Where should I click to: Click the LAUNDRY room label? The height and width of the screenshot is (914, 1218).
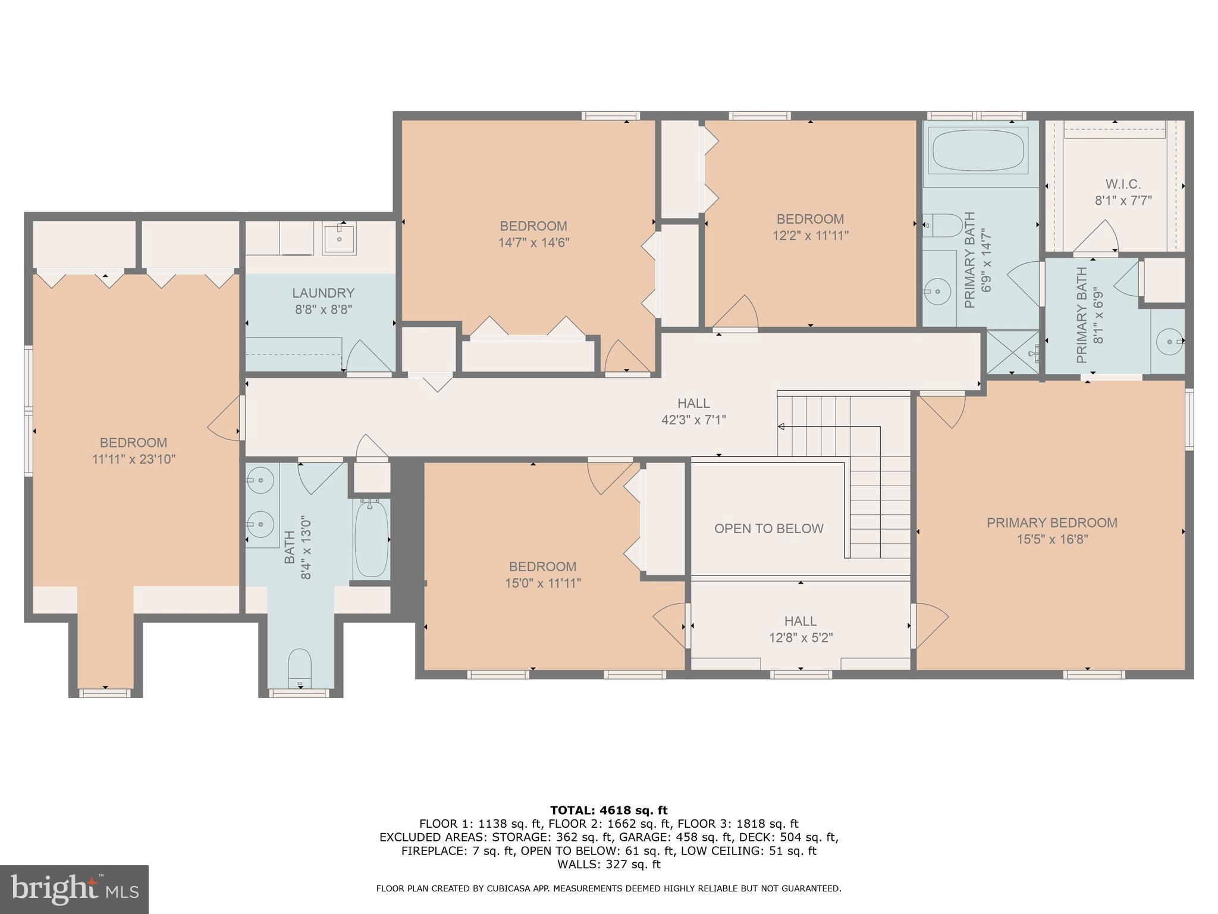click(323, 293)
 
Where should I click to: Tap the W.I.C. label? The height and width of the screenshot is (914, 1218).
click(1123, 184)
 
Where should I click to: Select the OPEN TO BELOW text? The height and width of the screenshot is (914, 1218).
click(768, 528)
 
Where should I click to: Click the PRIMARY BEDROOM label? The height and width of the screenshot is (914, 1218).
click(1051, 522)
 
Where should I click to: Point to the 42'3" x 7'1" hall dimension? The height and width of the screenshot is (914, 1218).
click(693, 420)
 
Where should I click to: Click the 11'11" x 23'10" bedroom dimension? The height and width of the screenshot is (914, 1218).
click(133, 459)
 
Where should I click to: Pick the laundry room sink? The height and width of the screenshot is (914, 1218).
click(339, 239)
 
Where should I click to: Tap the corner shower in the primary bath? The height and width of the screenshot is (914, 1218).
click(1013, 352)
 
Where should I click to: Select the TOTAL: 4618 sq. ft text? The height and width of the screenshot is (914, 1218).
click(608, 810)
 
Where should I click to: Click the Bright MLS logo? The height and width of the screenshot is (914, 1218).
click(74, 890)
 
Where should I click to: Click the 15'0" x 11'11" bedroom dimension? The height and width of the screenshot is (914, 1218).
click(542, 583)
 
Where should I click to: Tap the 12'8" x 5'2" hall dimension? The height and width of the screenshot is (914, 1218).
click(800, 638)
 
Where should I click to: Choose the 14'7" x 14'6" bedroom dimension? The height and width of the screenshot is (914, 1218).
click(533, 243)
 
